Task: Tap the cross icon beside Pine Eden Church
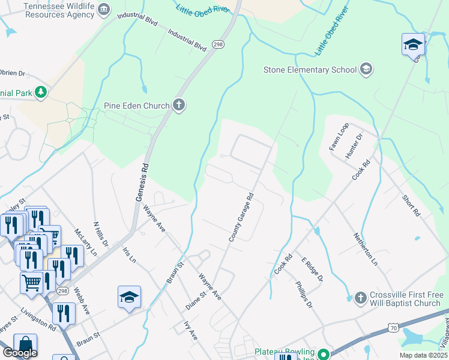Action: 178,106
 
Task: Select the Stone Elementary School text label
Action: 310,70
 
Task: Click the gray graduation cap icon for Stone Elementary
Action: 366,70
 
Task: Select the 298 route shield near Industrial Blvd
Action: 217,44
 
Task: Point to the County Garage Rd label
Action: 241,217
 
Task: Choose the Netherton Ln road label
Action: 366,250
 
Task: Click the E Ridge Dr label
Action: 312,269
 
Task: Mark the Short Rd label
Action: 411,205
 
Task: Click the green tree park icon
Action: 40,92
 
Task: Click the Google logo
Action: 20,353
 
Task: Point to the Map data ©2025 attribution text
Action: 423,355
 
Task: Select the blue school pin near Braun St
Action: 130,297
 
